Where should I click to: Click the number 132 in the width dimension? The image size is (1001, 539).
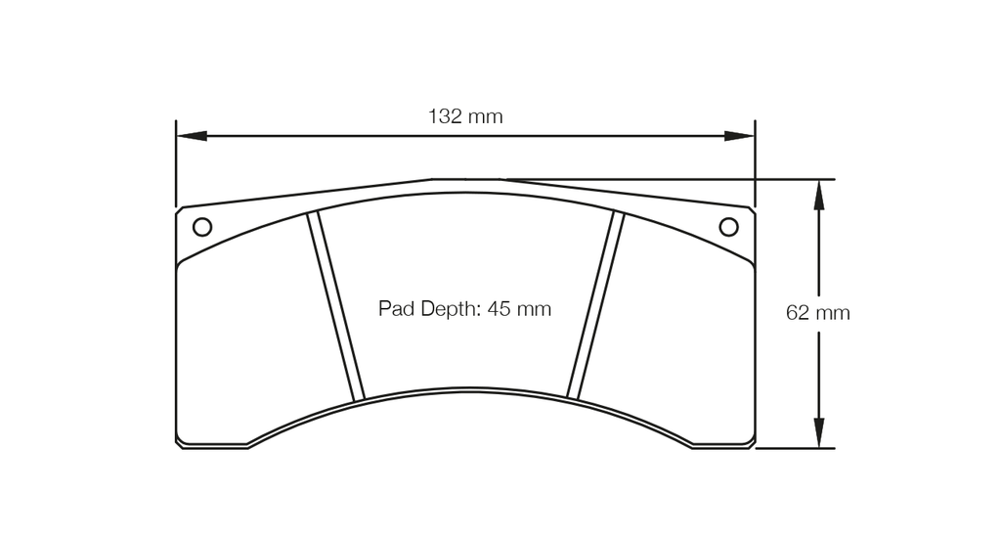point(445,116)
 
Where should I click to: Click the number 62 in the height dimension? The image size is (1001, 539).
point(797,313)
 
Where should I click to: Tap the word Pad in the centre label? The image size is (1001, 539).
point(396,309)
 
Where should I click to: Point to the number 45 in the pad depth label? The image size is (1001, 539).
point(499,309)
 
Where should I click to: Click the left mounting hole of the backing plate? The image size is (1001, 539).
point(202,227)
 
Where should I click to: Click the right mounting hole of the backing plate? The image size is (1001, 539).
point(728,227)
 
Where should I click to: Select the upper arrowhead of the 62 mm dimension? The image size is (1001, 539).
point(819,195)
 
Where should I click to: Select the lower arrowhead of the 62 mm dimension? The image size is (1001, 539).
point(819,433)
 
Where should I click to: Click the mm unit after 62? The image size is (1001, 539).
point(832,313)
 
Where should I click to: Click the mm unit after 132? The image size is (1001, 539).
point(486,116)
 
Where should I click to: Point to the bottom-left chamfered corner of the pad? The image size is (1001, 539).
point(180,443)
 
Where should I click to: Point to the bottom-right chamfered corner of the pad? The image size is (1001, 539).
point(751,443)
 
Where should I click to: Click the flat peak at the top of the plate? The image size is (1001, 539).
point(466,179)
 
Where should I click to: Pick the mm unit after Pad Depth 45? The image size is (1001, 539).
point(534,309)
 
